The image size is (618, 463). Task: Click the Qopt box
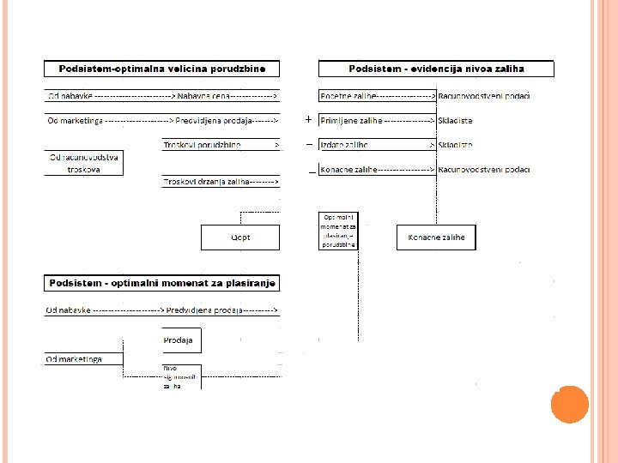click(x=240, y=238)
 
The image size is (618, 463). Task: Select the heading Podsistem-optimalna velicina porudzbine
click(x=162, y=69)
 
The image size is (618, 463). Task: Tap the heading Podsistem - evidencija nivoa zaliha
click(x=436, y=69)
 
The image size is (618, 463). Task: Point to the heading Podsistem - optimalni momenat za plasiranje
click(x=162, y=283)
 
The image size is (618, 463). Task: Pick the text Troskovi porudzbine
click(x=202, y=146)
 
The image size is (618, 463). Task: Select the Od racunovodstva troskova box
click(x=84, y=163)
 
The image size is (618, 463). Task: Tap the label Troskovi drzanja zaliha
click(x=206, y=182)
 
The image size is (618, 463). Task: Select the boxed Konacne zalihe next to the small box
click(x=436, y=238)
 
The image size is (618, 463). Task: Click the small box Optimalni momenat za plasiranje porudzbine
click(x=338, y=231)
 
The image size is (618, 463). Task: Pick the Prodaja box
click(x=178, y=340)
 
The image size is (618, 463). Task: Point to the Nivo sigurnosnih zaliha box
click(x=179, y=377)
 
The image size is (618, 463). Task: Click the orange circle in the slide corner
click(x=569, y=404)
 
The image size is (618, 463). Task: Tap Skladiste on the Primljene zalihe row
click(x=455, y=121)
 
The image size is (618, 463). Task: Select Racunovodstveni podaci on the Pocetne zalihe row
click(x=484, y=96)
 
